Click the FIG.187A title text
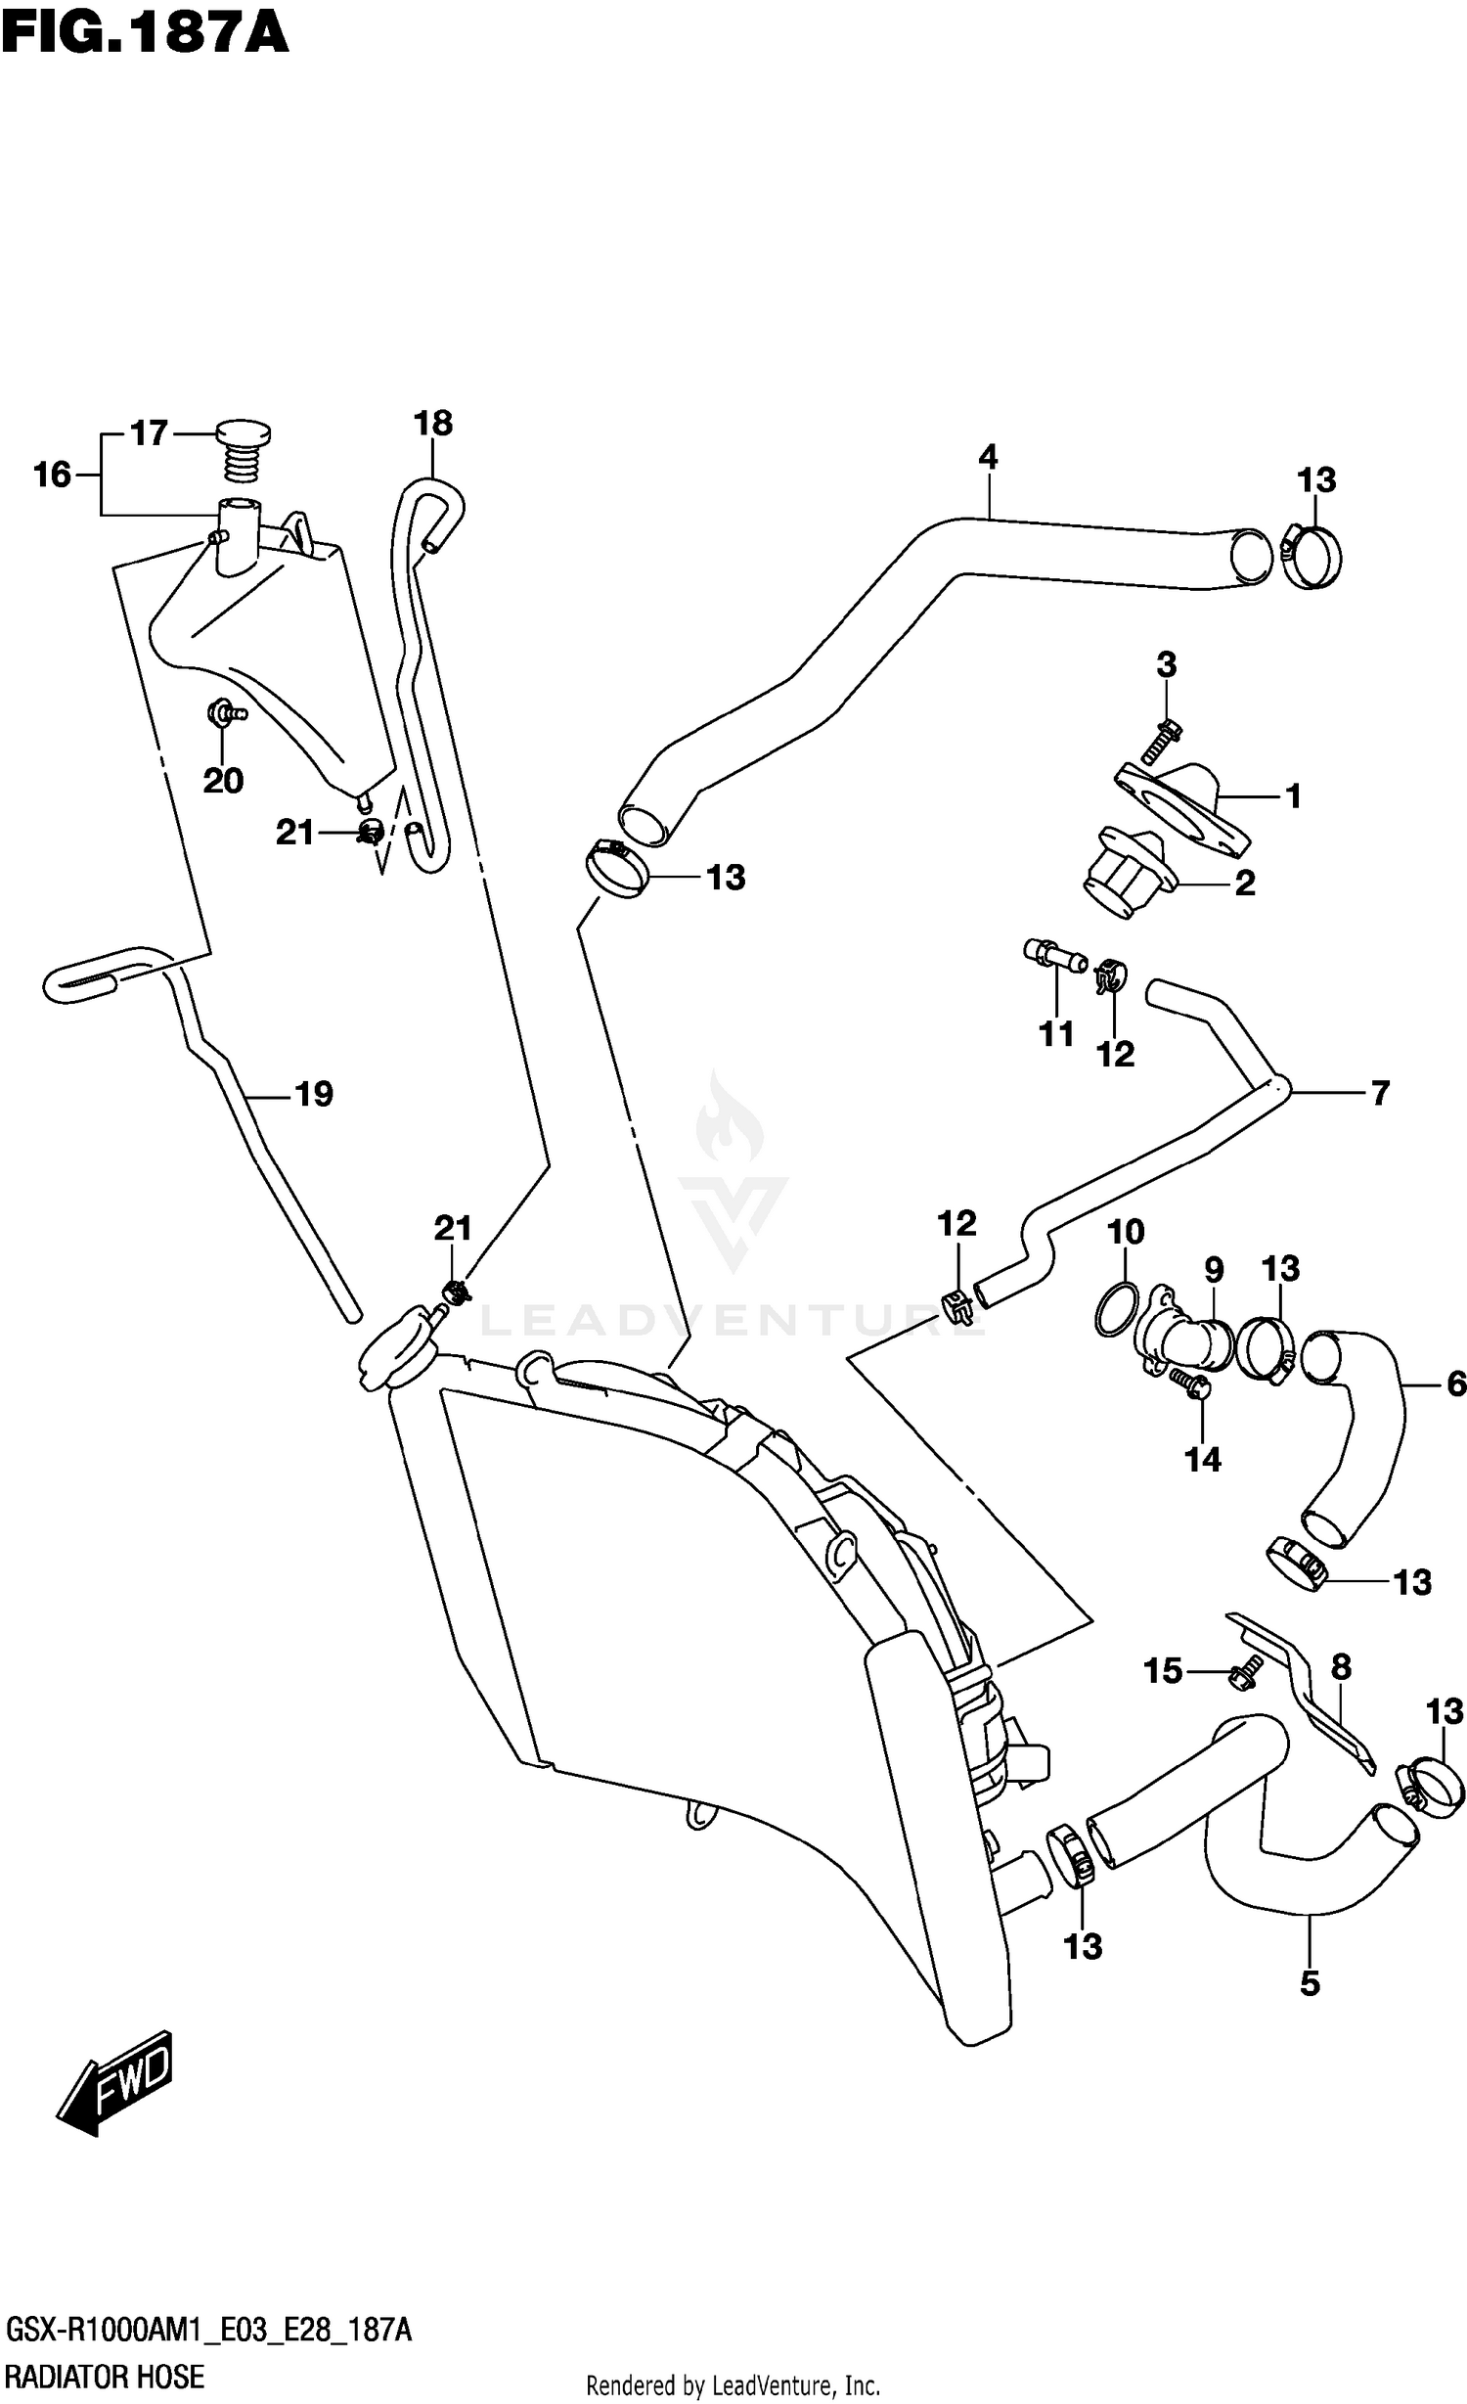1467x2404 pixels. click(145, 34)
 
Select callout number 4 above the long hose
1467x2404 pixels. click(987, 457)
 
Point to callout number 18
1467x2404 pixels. click(432, 424)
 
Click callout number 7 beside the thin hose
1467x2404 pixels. click(1379, 1093)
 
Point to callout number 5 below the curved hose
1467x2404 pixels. click(1310, 1984)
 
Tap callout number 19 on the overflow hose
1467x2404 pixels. click(314, 1094)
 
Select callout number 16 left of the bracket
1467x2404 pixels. click(53, 475)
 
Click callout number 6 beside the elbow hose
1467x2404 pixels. click(1455, 1384)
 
